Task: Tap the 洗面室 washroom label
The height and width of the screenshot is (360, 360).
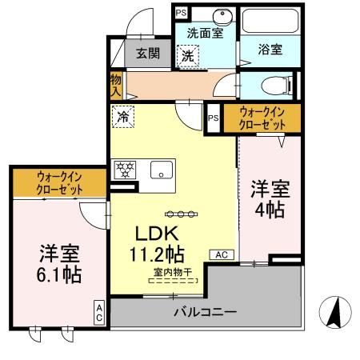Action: pyautogui.click(x=205, y=34)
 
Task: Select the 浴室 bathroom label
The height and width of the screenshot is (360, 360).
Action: pyautogui.click(x=270, y=49)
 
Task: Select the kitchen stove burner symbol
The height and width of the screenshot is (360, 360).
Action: pyautogui.click(x=126, y=170)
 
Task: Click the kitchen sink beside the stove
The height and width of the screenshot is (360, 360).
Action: pyautogui.click(x=162, y=170)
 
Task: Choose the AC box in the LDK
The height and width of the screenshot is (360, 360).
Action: pyautogui.click(x=221, y=254)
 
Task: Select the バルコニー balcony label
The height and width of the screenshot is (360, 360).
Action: pyautogui.click(x=206, y=311)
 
